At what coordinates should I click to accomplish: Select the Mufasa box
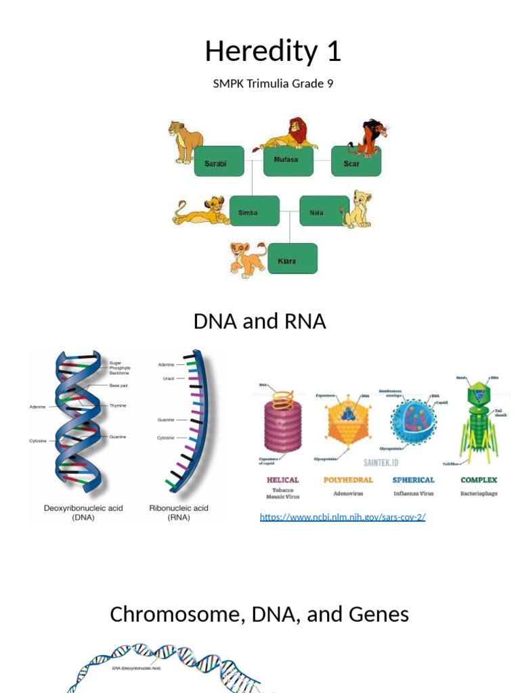pyautogui.click(x=288, y=161)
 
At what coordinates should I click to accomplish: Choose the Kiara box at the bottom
pyautogui.click(x=292, y=259)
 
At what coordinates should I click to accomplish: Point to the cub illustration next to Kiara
pyautogui.click(x=246, y=259)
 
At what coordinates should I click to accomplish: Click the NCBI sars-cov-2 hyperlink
pyautogui.click(x=343, y=517)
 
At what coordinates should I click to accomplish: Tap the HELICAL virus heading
pyautogui.click(x=283, y=480)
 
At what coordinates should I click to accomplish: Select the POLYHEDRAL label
pyautogui.click(x=349, y=480)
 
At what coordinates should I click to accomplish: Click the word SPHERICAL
pyautogui.click(x=413, y=480)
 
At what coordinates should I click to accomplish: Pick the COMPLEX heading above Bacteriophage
pyautogui.click(x=479, y=480)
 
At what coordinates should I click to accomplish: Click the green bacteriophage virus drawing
pyautogui.click(x=479, y=420)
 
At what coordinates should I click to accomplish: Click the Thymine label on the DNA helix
pyautogui.click(x=118, y=405)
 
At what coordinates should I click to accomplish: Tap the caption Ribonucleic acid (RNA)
pyautogui.click(x=179, y=512)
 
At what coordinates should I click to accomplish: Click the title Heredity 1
pyautogui.click(x=273, y=51)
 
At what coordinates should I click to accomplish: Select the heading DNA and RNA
pyautogui.click(x=259, y=321)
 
